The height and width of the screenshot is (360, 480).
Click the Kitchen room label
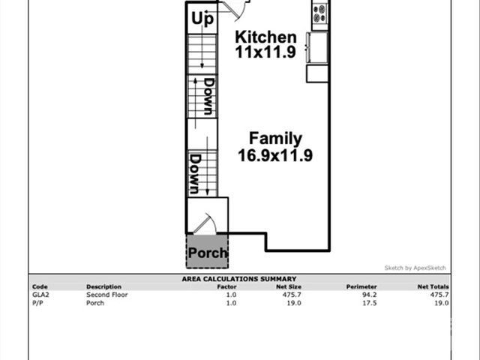(x=265, y=37)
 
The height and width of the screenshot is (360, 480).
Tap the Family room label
(x=275, y=139)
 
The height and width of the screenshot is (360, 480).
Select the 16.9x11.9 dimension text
(x=275, y=156)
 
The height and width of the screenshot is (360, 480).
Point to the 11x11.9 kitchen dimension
(x=265, y=53)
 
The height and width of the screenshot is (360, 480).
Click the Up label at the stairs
(x=202, y=19)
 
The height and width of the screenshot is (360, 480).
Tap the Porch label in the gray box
(x=207, y=253)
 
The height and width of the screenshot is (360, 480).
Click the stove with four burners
(x=320, y=13)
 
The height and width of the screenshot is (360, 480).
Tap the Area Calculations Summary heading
(x=239, y=279)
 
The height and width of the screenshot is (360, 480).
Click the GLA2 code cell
(x=40, y=295)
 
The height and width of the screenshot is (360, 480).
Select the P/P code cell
(x=37, y=303)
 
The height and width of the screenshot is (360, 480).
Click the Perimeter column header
(x=361, y=286)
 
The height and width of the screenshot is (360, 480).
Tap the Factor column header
(x=226, y=286)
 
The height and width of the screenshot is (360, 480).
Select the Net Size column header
(x=289, y=286)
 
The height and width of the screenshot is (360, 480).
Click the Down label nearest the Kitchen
(x=208, y=95)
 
